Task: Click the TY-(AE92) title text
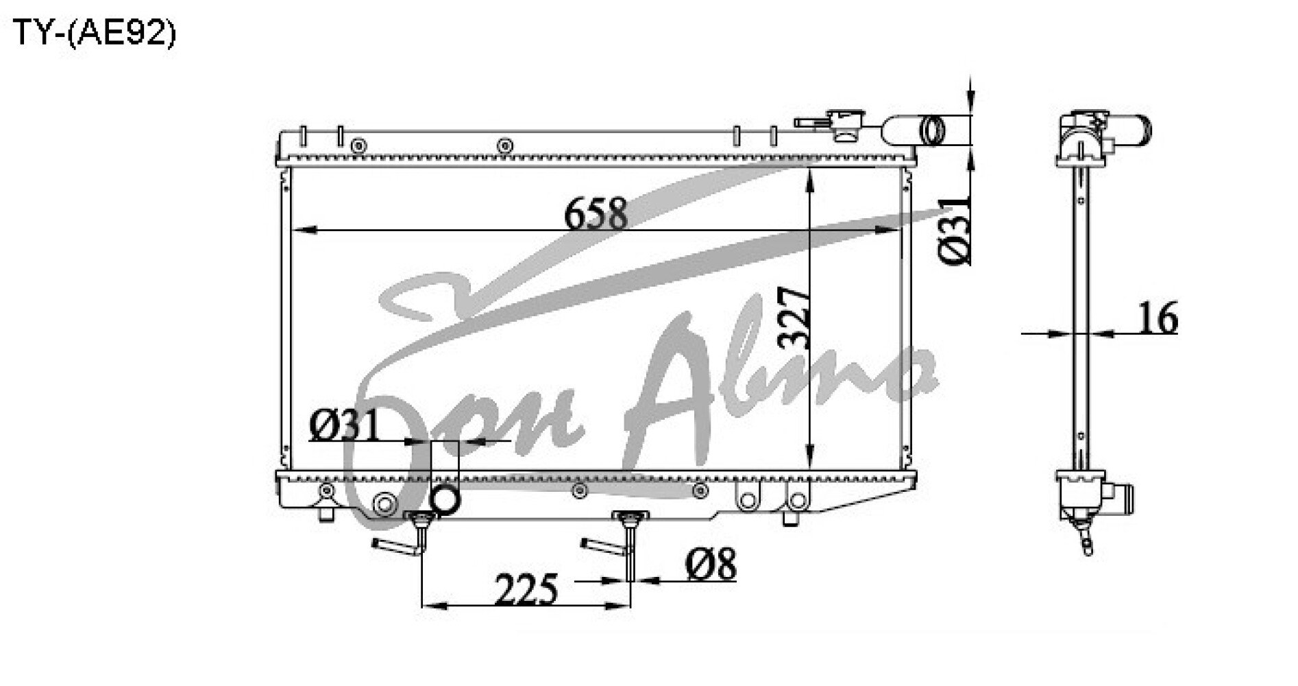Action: coord(95,32)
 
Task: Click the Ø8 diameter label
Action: coord(711,564)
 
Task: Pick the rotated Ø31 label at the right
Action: coord(955,230)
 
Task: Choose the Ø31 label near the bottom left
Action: coord(344,426)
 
